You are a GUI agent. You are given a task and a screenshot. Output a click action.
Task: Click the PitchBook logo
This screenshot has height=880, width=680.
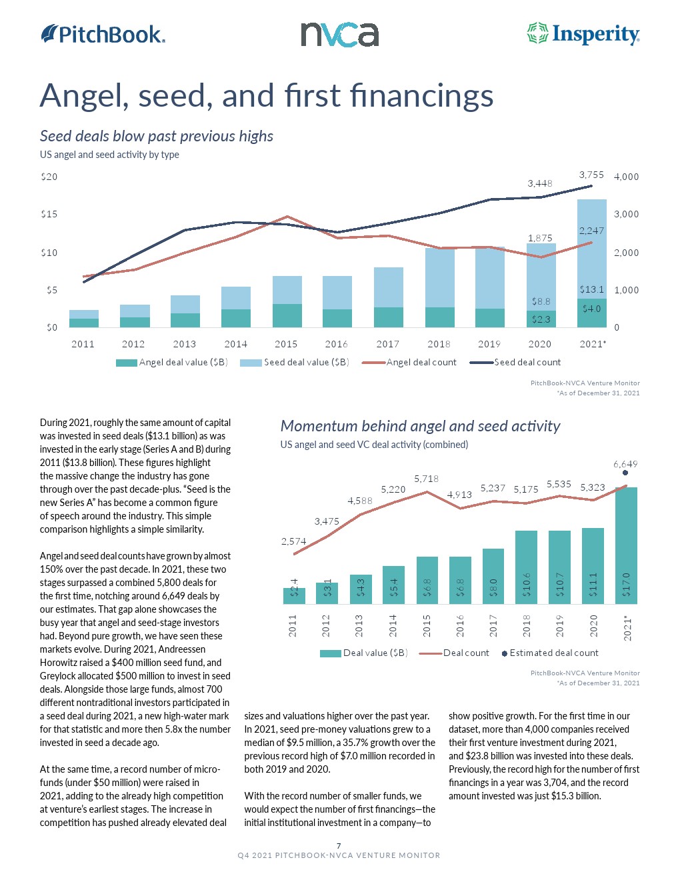coord(103,34)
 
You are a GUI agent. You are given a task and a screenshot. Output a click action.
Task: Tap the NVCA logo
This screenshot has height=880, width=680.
coord(339,35)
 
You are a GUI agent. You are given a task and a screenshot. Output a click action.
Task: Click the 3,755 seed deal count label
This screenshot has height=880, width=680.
coord(591,175)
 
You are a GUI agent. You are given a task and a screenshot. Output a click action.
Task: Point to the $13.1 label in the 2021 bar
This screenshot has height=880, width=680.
coord(591,289)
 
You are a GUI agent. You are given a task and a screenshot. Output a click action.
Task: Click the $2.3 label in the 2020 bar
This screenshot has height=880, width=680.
coord(541,319)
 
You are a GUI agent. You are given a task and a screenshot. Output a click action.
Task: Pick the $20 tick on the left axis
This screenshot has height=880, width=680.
coord(49,177)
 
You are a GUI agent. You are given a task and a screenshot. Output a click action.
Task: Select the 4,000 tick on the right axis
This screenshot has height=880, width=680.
coord(626,177)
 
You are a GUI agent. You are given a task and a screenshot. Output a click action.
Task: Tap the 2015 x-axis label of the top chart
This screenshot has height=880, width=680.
coord(286,344)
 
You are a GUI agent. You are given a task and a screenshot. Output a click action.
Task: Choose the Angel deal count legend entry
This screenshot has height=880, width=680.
coord(409,363)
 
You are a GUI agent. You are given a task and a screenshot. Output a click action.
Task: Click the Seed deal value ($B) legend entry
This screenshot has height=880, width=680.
coord(295,363)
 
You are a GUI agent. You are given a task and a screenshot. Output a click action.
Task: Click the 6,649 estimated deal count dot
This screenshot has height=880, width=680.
coord(625,473)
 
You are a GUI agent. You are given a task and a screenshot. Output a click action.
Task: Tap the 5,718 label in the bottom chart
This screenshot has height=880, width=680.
coord(426,479)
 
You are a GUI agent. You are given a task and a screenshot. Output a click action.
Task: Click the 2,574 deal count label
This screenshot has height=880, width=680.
coord(294,541)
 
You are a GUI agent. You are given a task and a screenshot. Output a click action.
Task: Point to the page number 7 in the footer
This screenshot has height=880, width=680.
coord(339,846)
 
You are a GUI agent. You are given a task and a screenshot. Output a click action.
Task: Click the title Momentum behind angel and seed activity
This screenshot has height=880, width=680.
coord(420,426)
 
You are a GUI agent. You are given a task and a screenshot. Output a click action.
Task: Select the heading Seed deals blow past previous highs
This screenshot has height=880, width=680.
coord(157,136)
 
